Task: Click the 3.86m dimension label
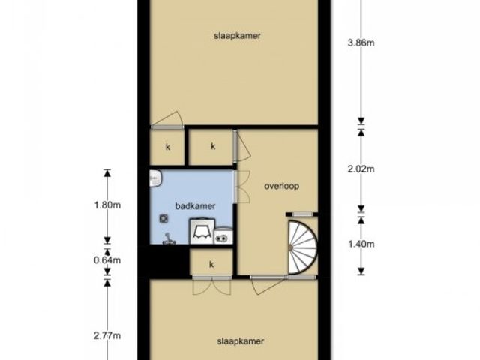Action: click(x=361, y=43)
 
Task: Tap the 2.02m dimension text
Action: click(x=361, y=169)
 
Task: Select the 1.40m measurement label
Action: click(x=361, y=244)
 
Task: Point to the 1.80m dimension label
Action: click(x=107, y=205)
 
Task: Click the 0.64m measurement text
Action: click(x=107, y=260)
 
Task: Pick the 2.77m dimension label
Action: click(x=107, y=335)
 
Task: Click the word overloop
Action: click(x=282, y=186)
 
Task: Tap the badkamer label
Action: click(x=195, y=206)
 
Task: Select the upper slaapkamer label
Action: click(x=237, y=36)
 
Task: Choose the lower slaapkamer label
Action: click(x=240, y=341)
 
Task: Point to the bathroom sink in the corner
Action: click(x=155, y=178)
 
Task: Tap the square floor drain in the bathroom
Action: click(x=163, y=218)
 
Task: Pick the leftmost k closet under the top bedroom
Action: click(x=168, y=147)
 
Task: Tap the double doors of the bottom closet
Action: click(x=211, y=286)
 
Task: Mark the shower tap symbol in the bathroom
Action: click(x=168, y=238)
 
